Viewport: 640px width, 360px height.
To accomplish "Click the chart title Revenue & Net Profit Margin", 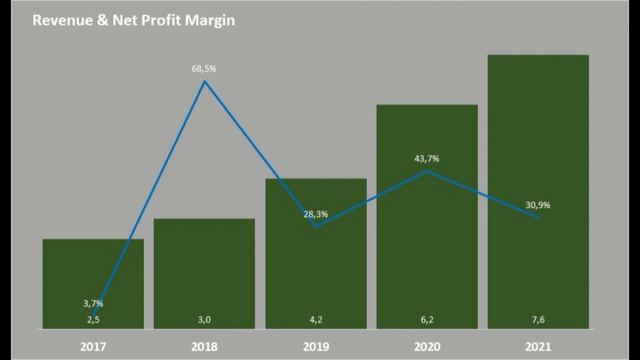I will tap(133, 19).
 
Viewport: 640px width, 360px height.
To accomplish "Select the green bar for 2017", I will tap(93, 270).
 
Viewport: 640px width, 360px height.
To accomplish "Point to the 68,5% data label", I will tap(205, 69).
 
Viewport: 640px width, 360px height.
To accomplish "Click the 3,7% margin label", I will tap(93, 303).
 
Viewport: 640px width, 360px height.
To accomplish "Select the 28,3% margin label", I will tap(315, 214).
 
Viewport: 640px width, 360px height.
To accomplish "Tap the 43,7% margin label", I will tap(427, 159).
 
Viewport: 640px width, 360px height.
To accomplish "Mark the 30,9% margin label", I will tap(538, 205).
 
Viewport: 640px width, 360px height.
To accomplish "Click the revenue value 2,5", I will tap(93, 319).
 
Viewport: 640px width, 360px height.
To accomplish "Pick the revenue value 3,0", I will tap(204, 319).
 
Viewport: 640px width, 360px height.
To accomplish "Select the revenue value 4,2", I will tap(315, 319).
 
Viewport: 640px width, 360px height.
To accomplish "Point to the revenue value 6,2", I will tap(427, 319).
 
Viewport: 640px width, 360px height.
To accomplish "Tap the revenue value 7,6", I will tap(538, 319).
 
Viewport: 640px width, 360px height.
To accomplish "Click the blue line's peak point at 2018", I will tap(205, 82).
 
